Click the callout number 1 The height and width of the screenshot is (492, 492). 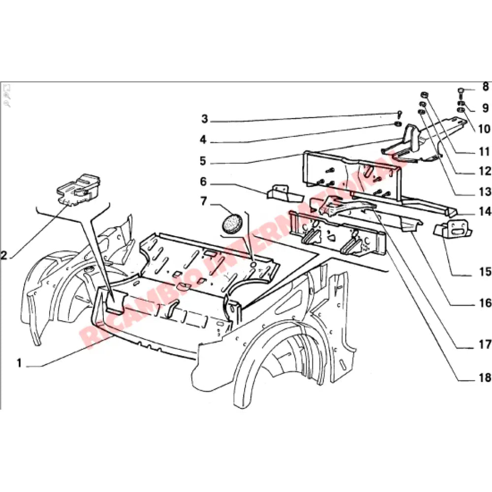[19, 364]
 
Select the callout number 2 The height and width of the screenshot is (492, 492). [4, 255]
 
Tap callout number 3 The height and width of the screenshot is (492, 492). [205, 119]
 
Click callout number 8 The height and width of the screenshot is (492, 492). [486, 88]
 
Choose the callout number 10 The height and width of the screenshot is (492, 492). [484, 129]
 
